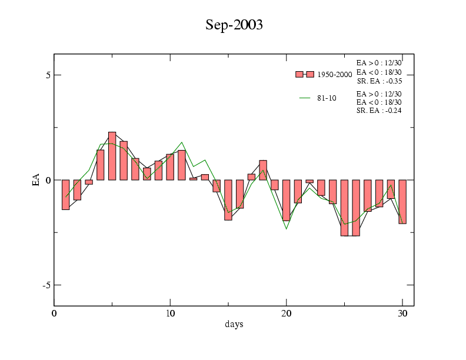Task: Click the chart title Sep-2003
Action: click(x=234, y=25)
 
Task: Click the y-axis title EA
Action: click(x=36, y=180)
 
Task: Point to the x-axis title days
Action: click(x=234, y=324)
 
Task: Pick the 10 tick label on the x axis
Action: click(x=170, y=314)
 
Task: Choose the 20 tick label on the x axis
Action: click(x=287, y=314)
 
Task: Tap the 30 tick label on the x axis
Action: click(x=402, y=314)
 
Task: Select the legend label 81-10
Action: click(x=327, y=98)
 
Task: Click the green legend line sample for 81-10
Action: click(x=305, y=98)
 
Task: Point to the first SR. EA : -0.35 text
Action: click(x=379, y=81)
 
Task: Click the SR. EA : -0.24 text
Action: click(x=379, y=111)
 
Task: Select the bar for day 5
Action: click(x=112, y=156)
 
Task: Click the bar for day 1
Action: click(x=65, y=195)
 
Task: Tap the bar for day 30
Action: click(x=402, y=202)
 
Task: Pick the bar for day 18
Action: click(x=263, y=170)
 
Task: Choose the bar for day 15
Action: click(x=228, y=200)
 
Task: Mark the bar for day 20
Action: click(x=287, y=200)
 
